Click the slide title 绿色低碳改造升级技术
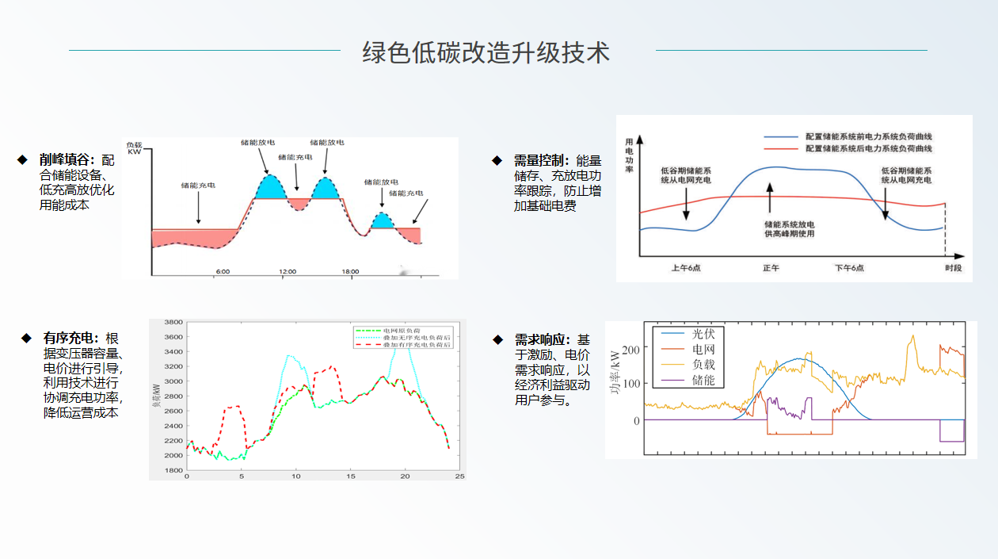(x=486, y=52)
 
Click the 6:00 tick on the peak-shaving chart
(x=223, y=272)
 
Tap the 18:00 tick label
(x=350, y=272)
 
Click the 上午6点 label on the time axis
(x=685, y=268)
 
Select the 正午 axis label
(x=771, y=268)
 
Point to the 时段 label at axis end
(x=953, y=268)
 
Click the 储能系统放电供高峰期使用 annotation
(x=789, y=228)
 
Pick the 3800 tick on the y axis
(x=172, y=323)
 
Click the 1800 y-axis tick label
(x=172, y=470)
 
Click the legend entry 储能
(x=703, y=381)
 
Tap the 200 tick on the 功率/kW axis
(x=630, y=350)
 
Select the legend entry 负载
(x=703, y=365)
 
